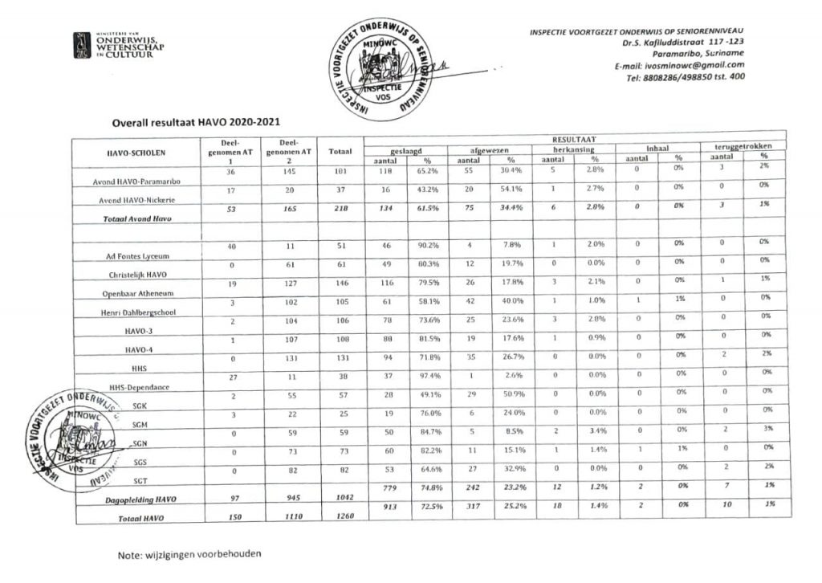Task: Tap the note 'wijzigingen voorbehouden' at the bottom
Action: [x=189, y=554]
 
